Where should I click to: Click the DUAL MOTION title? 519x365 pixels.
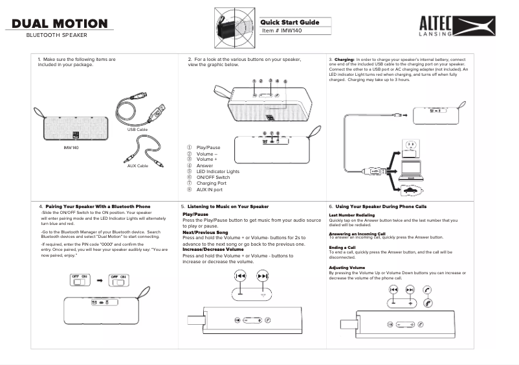coord(60,24)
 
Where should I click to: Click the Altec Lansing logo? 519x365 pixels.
coord(458,26)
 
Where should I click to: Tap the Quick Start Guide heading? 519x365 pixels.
coord(291,22)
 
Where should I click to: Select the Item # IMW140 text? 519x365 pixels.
coord(283,31)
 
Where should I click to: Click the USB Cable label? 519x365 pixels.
coord(138,130)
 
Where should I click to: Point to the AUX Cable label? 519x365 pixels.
coord(138,166)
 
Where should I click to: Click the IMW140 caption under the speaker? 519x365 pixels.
coord(71,148)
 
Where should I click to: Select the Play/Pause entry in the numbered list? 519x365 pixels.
coord(208,148)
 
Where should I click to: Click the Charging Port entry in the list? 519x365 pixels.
coord(210,183)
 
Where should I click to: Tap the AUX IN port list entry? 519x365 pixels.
coord(209,190)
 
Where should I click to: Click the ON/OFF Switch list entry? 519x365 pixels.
coord(213,177)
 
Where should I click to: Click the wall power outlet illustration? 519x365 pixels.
coord(412,144)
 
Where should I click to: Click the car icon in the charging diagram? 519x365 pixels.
coord(412,191)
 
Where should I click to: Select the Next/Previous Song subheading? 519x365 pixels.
coord(205,232)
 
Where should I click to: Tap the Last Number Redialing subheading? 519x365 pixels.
coord(352,215)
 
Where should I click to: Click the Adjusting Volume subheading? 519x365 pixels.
coord(348,267)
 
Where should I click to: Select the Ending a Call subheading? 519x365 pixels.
coord(342,247)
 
